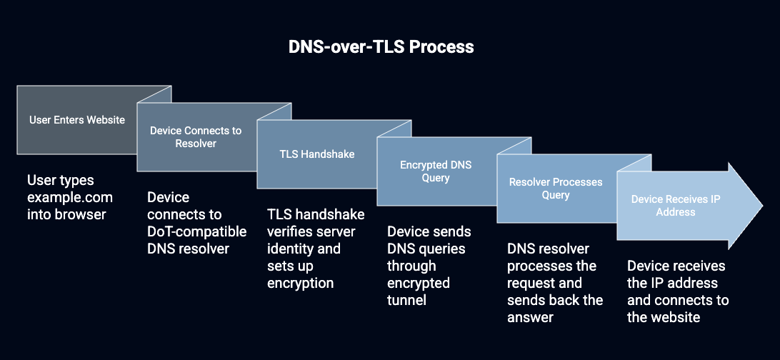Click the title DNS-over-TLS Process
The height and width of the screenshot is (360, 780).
pyautogui.click(x=381, y=46)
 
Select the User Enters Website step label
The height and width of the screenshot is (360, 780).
pyautogui.click(x=77, y=120)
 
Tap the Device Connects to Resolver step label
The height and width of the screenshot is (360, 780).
pyautogui.click(x=196, y=136)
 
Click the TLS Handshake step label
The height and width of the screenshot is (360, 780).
pyautogui.click(x=317, y=154)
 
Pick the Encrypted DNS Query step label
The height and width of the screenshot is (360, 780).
pyautogui.click(x=436, y=171)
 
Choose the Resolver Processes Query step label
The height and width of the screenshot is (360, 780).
pyautogui.click(x=556, y=189)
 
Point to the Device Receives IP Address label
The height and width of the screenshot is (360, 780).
pyautogui.click(x=676, y=206)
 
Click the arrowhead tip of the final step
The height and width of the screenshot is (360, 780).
pyautogui.click(x=763, y=206)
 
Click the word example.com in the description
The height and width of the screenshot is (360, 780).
pyautogui.click(x=70, y=197)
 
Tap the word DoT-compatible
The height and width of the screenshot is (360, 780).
pyautogui.click(x=197, y=231)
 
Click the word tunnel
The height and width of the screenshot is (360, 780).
pyautogui.click(x=406, y=300)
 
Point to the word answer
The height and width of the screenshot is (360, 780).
pyautogui.click(x=530, y=317)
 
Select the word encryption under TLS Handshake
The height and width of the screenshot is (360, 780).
pyautogui.click(x=301, y=284)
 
